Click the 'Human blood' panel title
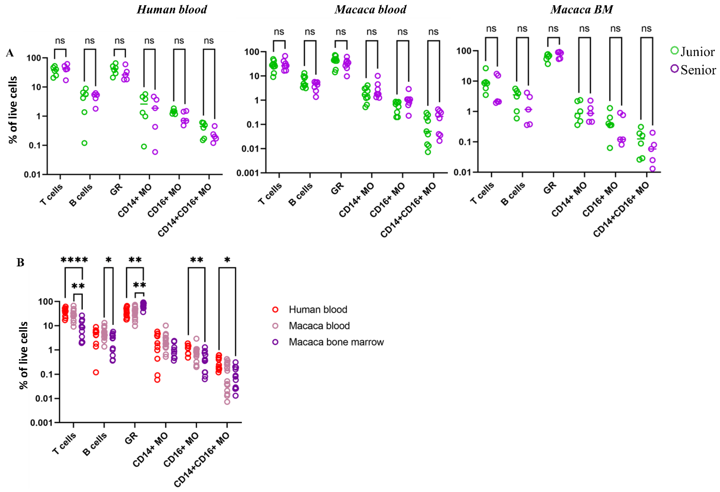[x=172, y=10]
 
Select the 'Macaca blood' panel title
[x=370, y=10]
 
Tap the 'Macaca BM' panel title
[x=582, y=10]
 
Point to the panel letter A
[x=10, y=53]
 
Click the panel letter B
[x=20, y=262]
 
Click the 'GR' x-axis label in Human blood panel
[x=116, y=189]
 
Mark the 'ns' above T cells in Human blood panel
[x=60, y=41]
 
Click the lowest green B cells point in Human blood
[x=84, y=143]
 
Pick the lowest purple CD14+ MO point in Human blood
[x=155, y=152]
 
